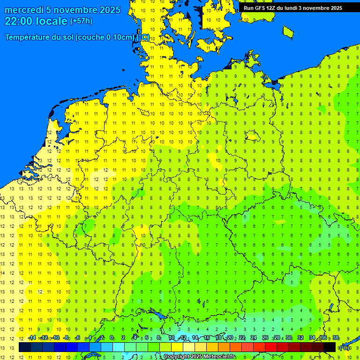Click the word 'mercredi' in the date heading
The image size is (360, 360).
tap(24, 10)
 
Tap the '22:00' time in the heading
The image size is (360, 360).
tap(19, 21)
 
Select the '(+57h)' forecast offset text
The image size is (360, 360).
tap(81, 21)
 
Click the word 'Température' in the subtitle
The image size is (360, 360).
tap(29, 37)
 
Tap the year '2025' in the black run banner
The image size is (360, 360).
tap(334, 8)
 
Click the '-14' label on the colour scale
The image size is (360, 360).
tap(32, 338)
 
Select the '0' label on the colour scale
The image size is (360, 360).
tap(112, 338)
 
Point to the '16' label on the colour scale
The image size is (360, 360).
tap(207, 338)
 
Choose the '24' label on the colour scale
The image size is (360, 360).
tap(254, 338)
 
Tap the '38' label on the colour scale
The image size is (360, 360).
tap(336, 338)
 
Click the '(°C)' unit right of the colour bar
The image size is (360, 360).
tap(345, 348)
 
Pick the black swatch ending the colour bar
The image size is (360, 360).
tap(330, 347)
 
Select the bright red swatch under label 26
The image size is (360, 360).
tap(271, 347)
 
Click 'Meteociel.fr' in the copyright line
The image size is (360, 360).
tap(219, 357)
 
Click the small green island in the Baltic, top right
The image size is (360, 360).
tap(288, 31)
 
